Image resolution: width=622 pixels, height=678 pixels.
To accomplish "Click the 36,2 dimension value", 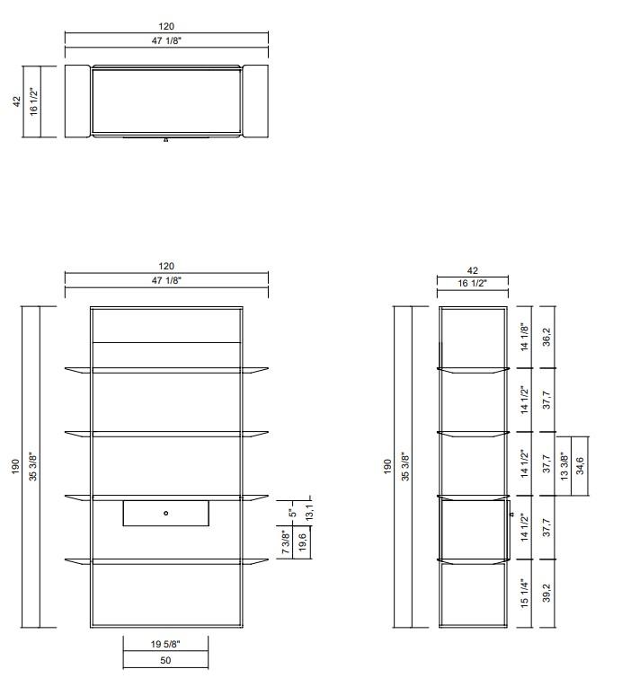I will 545,337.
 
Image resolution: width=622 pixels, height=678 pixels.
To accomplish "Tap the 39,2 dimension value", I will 545,594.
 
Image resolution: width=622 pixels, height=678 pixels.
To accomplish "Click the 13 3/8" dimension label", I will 564,465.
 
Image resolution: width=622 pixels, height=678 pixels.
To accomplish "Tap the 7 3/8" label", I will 286,542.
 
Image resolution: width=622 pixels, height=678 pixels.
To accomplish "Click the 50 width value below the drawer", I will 165,660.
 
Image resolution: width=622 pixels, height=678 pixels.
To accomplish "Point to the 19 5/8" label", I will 165,643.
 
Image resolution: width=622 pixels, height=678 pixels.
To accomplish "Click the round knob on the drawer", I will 166,513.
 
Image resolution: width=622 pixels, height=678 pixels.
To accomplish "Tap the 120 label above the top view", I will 166,27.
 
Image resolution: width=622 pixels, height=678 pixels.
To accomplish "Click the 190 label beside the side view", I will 388,466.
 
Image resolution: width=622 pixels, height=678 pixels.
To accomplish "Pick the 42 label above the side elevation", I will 473,269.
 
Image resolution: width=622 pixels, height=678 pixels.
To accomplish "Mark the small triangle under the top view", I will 165,140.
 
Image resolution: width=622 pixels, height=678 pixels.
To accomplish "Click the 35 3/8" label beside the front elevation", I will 32,466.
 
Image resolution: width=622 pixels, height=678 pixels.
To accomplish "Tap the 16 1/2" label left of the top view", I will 32,101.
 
